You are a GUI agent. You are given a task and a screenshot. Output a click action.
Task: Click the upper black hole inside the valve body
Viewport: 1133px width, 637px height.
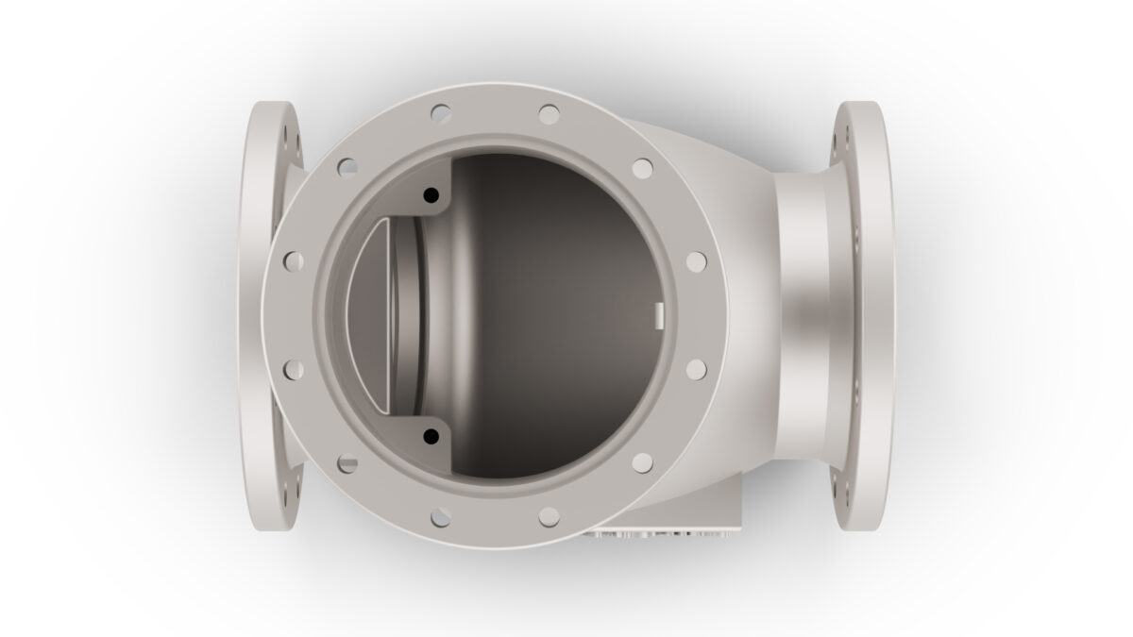pos(431,194)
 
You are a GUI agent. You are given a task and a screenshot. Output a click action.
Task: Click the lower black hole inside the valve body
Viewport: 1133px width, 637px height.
pos(431,436)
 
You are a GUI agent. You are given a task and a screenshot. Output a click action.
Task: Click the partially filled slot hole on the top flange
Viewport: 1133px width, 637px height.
pos(348,462)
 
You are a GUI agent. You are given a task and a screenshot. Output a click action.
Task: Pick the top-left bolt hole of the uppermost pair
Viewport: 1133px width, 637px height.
pos(441,113)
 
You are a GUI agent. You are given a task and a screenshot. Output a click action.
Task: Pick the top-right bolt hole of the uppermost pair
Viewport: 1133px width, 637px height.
pos(549,113)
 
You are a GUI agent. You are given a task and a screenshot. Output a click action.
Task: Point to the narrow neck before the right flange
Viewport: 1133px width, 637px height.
pos(803,316)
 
